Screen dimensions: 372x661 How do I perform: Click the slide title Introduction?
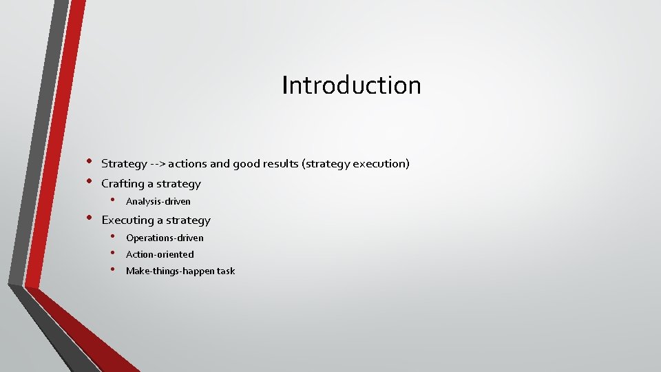coord(351,85)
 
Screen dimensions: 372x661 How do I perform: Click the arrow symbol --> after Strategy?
coord(158,164)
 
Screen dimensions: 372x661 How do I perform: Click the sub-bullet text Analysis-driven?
coord(158,202)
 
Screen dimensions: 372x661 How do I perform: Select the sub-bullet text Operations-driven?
coord(165,238)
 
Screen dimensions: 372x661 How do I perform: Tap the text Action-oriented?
coord(160,255)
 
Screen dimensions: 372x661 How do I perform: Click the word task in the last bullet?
coord(226,271)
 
